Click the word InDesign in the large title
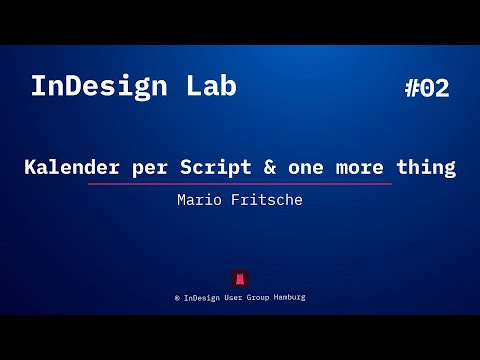pyautogui.click(x=102, y=86)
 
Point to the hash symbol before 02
pyautogui.click(x=413, y=88)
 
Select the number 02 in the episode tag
pyautogui.click(x=435, y=88)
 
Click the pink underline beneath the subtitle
pyautogui.click(x=240, y=184)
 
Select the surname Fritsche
pyautogui.click(x=269, y=200)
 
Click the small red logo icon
pyautogui.click(x=240, y=278)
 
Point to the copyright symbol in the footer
pyautogui.click(x=177, y=297)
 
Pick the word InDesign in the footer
pyautogui.click(x=203, y=297)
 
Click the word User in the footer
pyautogui.click(x=237, y=297)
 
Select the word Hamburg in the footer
pyautogui.click(x=291, y=297)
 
